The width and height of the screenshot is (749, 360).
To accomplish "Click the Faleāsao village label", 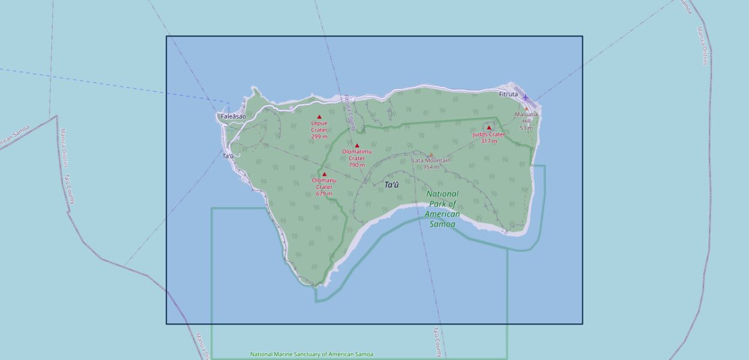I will coord(233,116).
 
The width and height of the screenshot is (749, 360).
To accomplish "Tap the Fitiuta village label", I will coord(508,94).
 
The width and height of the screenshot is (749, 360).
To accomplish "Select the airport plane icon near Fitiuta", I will coord(526,97).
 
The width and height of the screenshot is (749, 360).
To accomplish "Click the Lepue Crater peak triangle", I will coord(319,117).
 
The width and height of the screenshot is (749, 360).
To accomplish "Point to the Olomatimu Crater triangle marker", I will coord(357,146).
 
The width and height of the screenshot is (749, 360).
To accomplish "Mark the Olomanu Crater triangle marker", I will coord(324,175).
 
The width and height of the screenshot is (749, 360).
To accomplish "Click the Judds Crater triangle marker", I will coord(489,128).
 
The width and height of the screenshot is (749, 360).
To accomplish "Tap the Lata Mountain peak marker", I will coord(431,155).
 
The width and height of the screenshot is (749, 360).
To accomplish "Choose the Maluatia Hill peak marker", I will coord(526,109).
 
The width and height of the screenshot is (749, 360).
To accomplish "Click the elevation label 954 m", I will coord(431,167).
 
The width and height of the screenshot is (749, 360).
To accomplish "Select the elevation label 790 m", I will coord(356,165).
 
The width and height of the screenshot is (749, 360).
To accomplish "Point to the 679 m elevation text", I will coord(324,194).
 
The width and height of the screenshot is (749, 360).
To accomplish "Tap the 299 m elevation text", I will coord(319,137).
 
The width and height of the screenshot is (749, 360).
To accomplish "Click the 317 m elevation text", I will coord(489,142).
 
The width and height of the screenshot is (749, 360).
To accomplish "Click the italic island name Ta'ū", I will coord(391,185).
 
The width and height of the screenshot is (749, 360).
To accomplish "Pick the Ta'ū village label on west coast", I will coord(228,156).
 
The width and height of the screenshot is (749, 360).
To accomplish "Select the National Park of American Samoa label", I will coord(443,209).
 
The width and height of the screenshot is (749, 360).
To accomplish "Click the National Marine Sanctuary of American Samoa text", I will coord(311,355).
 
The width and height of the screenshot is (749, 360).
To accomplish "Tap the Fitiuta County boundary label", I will coord(349,112).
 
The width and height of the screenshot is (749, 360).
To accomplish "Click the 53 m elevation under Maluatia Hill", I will coord(526,128).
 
